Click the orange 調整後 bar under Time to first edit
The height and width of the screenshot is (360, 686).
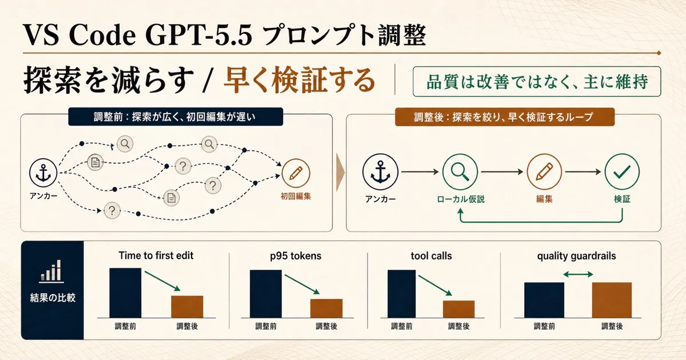pyautogui.click(x=187, y=307)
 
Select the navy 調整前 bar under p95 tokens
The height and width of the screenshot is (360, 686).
pyautogui.click(x=266, y=294)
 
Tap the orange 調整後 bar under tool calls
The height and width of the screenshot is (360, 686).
pyautogui.click(x=458, y=309)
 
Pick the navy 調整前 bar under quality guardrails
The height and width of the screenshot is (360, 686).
pyautogui.click(x=544, y=301)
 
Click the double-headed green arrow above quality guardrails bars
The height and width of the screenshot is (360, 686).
pyautogui.click(x=578, y=275)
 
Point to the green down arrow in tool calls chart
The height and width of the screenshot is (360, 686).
pyautogui.click(x=435, y=286)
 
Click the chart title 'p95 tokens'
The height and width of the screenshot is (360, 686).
pyautogui.click(x=296, y=256)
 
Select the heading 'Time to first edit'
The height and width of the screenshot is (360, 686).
pyautogui.click(x=156, y=255)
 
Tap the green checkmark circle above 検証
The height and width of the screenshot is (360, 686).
pyautogui.click(x=622, y=172)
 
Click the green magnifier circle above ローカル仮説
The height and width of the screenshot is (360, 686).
pyautogui.click(x=460, y=172)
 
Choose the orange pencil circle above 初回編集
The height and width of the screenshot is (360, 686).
pyautogui.click(x=296, y=173)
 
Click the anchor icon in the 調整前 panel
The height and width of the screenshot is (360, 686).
pyautogui.click(x=43, y=173)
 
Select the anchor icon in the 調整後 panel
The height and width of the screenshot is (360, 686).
pyautogui.click(x=380, y=172)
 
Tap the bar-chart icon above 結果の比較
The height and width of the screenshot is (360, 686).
pyautogui.click(x=51, y=271)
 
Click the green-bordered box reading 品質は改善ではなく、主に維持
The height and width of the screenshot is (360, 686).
pyautogui.click(x=537, y=81)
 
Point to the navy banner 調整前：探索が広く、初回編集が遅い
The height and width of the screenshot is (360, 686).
pyautogui.click(x=176, y=117)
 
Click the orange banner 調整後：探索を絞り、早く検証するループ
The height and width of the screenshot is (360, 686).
pyautogui.click(x=505, y=117)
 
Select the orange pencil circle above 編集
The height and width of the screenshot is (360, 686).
pyautogui.click(x=544, y=172)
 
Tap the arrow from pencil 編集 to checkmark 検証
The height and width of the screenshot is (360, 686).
pyautogui.click(x=583, y=172)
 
